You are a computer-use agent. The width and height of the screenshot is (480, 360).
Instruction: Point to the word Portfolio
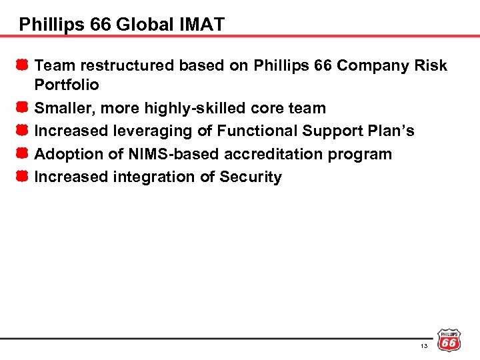[66, 85]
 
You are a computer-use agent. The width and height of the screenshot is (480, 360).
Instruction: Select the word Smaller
[63, 108]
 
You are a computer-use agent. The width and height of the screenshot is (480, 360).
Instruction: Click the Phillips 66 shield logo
[449, 340]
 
